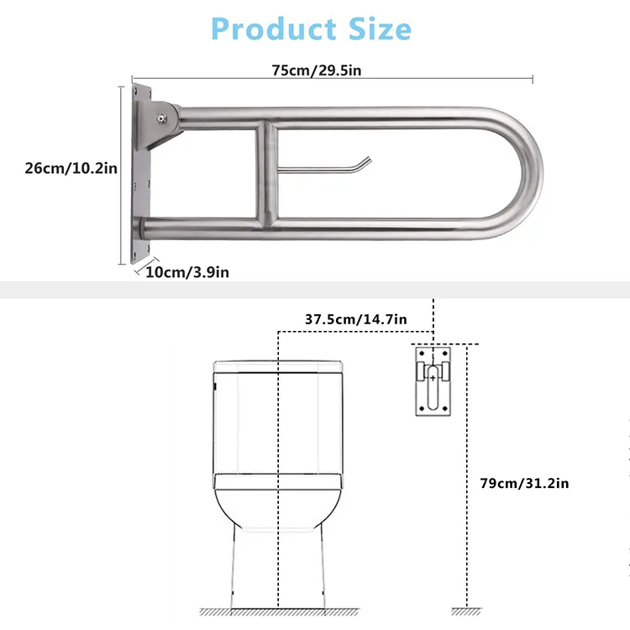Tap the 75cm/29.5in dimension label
317,70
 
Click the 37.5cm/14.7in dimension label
355,319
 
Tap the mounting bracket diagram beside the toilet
433,379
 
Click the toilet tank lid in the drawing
277,366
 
